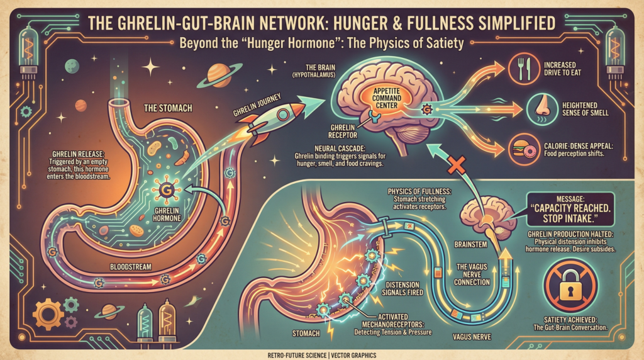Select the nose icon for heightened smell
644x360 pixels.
pyautogui.click(x=542, y=109)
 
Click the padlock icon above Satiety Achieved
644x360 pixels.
pyautogui.click(x=570, y=286)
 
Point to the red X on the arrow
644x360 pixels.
pyautogui.click(x=457, y=166)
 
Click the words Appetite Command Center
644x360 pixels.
pyautogui.click(x=387, y=98)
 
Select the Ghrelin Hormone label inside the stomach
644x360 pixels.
pyautogui.click(x=167, y=215)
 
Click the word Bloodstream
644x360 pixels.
pyautogui.click(x=131, y=267)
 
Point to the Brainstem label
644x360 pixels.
pyautogui.click(x=470, y=245)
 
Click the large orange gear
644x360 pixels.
pyautogui.click(x=48, y=315)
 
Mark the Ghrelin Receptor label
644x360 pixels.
pyautogui.click(x=343, y=131)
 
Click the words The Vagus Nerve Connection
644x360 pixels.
pyautogui.click(x=472, y=274)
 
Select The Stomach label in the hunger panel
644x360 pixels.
pyautogui.click(x=168, y=108)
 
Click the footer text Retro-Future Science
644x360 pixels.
pyautogui.click(x=297, y=356)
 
